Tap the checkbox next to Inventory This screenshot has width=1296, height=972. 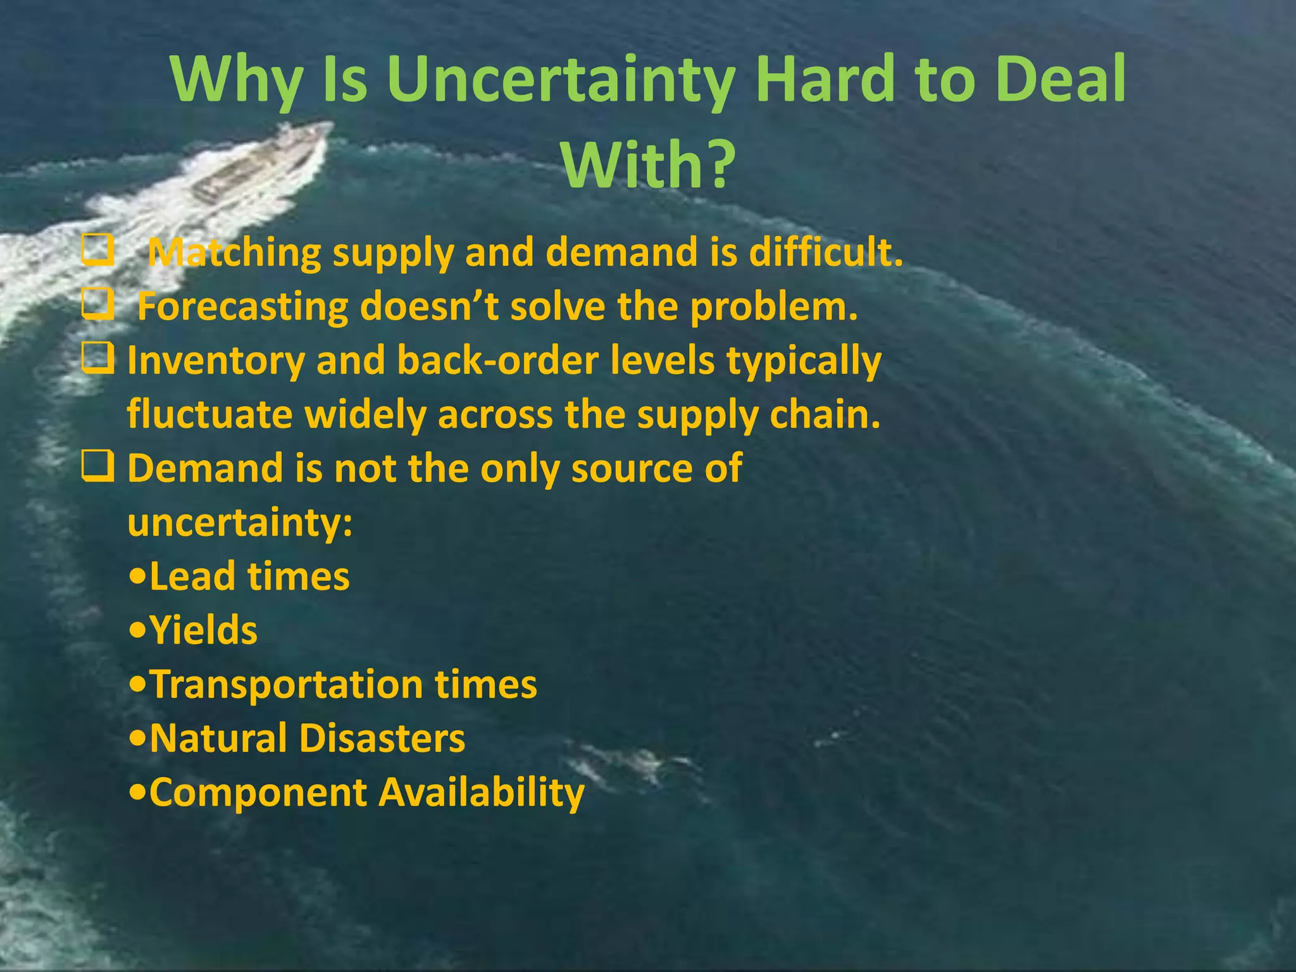click(98, 359)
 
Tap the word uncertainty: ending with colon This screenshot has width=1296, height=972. click(240, 524)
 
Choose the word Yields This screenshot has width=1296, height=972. click(203, 631)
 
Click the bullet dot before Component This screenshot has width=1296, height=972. click(137, 794)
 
